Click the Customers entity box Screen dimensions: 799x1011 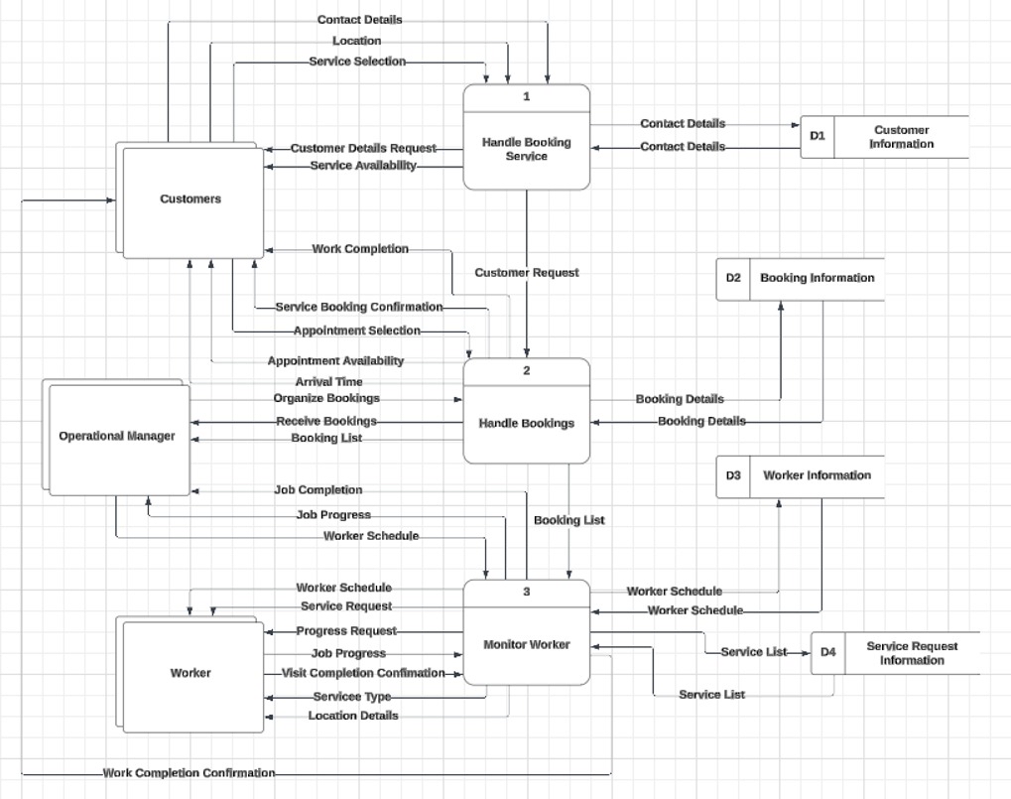[x=190, y=200]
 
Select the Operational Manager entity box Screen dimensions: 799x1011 [x=117, y=437]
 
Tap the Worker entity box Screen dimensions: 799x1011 [x=190, y=673]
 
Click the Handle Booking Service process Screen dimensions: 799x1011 [x=526, y=149]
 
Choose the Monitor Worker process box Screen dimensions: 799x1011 [x=526, y=645]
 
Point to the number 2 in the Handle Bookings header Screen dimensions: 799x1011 [x=526, y=370]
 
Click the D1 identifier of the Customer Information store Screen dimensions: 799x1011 [x=817, y=137]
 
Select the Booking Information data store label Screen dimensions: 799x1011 [x=817, y=278]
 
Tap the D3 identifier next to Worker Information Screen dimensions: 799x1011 [x=732, y=475]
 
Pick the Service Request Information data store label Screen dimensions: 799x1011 [x=911, y=653]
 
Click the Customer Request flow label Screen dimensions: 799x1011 [x=526, y=273]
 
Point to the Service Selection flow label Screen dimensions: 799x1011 [x=357, y=62]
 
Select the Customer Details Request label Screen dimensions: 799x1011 [x=363, y=148]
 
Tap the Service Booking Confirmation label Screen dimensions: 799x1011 [x=358, y=308]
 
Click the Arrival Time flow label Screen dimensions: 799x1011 [x=328, y=382]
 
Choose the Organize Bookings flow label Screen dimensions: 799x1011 [x=326, y=398]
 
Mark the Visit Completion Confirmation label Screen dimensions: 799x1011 [x=363, y=673]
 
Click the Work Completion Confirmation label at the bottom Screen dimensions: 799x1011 [x=189, y=773]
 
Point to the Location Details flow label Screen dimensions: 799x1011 [x=353, y=716]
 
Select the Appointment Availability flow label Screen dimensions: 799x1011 [x=335, y=361]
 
